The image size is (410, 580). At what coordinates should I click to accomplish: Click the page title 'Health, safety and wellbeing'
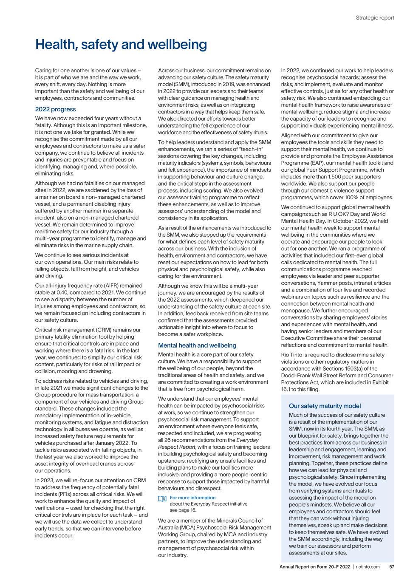121,44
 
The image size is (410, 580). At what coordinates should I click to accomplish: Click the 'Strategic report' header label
375,18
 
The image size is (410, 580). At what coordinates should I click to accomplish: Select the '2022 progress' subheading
55,109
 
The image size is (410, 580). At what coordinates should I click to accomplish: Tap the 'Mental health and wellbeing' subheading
197,345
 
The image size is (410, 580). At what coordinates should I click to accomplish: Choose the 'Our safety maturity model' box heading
325,406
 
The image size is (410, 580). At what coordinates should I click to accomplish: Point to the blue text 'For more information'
192,498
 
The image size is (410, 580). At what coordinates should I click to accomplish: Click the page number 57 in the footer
391,567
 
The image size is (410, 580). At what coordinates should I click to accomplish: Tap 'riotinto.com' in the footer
368,567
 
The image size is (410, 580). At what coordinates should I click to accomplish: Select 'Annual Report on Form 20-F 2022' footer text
315,567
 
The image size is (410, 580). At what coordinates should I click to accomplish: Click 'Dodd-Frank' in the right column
298,376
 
